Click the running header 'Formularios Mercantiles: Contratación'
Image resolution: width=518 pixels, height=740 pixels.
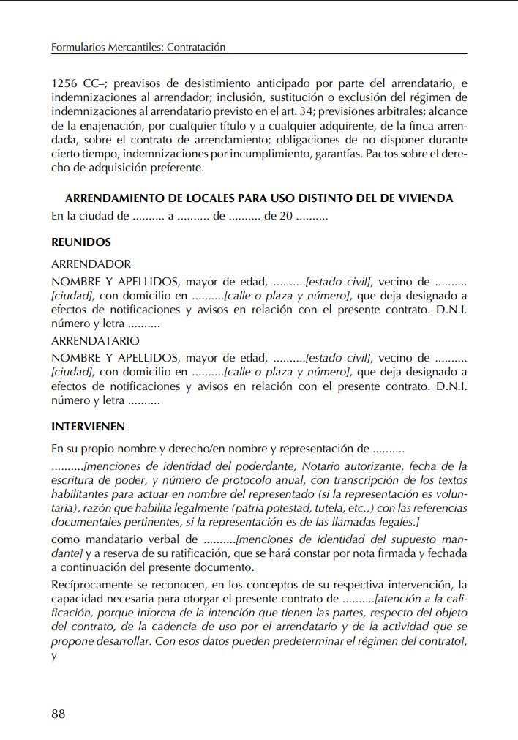coord(138,47)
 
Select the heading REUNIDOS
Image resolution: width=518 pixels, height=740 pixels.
coord(81,242)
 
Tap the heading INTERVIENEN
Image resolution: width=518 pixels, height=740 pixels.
coord(88,426)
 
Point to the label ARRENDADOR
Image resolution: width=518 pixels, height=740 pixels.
coord(91,264)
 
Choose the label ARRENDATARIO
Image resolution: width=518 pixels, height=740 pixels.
coord(95,340)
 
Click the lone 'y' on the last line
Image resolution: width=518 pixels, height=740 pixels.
coord(54,655)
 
